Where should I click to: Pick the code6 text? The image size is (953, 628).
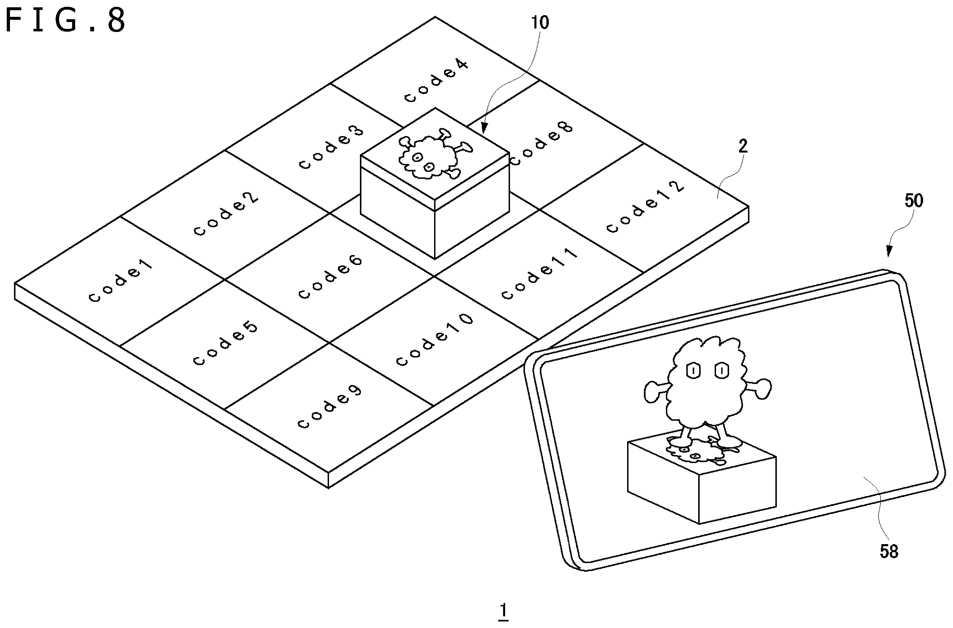click(x=330, y=277)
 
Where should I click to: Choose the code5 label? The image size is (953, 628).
click(x=225, y=343)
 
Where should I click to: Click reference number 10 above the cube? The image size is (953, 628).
click(x=540, y=22)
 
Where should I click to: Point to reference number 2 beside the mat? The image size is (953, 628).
click(x=743, y=146)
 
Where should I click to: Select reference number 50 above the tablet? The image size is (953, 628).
click(x=914, y=200)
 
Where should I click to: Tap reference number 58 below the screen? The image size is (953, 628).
click(x=889, y=552)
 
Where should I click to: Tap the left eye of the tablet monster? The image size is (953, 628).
click(x=693, y=370)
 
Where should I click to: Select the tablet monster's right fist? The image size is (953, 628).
click(x=761, y=389)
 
